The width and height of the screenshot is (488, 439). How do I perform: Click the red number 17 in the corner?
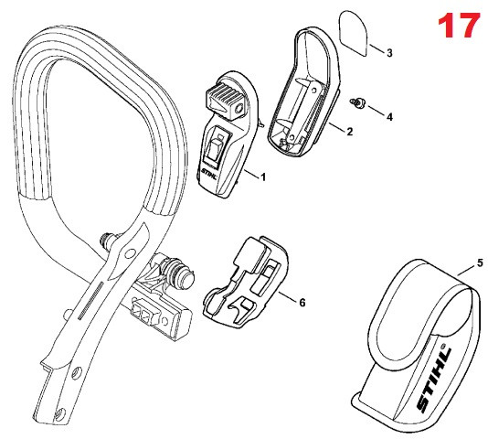point(459,25)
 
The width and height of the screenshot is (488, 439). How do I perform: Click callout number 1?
point(263,177)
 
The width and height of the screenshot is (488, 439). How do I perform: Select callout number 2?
point(349,132)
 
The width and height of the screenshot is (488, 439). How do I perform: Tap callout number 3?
point(389,53)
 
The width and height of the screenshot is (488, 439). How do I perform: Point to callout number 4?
point(389,117)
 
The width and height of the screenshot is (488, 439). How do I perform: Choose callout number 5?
point(480,262)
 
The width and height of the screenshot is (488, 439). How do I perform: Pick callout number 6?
point(302,302)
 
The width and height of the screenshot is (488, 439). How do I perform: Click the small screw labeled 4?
point(358,102)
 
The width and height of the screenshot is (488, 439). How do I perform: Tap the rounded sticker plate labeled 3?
point(353,33)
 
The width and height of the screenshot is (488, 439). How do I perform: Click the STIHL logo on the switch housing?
point(208,174)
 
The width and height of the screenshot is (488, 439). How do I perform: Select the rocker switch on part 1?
point(217,145)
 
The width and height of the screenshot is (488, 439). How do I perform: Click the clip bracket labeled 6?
point(246,281)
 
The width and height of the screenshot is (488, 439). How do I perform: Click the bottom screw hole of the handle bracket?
point(60,413)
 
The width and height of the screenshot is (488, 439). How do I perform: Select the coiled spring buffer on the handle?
point(176,271)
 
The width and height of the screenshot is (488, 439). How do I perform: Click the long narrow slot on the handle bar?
point(90,300)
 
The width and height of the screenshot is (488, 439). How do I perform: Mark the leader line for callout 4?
point(376,111)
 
